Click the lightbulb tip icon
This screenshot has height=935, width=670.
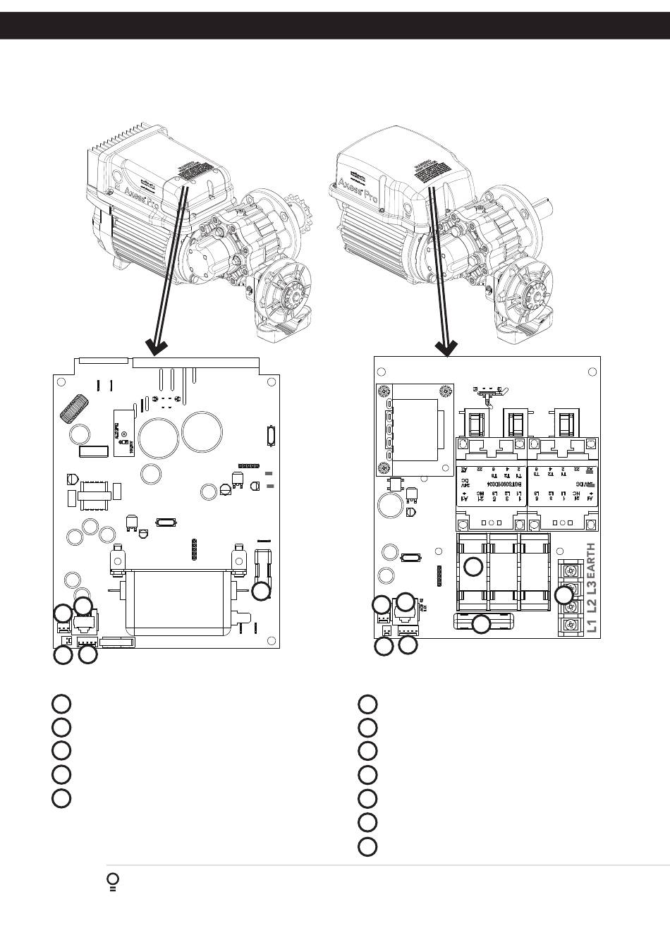112,881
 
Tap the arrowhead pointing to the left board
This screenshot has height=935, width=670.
156,348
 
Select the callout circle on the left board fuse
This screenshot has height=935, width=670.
261,591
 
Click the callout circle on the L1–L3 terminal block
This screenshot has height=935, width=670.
564,594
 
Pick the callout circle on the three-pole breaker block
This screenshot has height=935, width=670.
474,565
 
